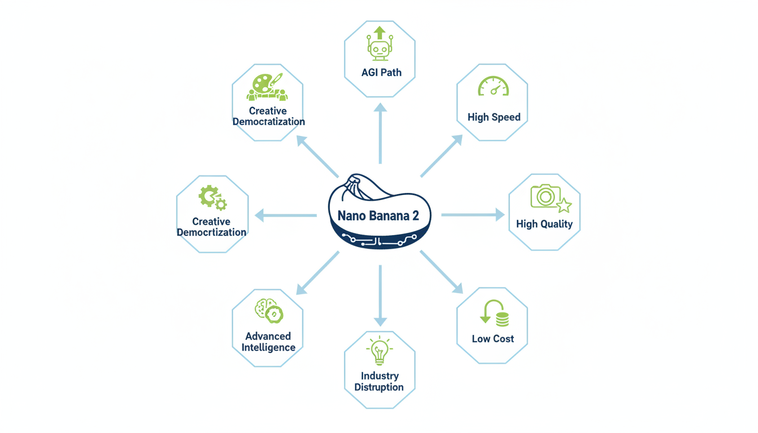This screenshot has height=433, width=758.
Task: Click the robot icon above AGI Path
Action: [380, 45]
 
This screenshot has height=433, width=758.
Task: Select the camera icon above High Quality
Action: [545, 196]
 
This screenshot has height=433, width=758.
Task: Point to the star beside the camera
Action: [563, 205]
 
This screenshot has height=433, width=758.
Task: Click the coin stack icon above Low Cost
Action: [501, 319]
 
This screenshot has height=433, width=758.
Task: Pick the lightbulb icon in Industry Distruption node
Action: [379, 351]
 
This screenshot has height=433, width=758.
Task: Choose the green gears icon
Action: [212, 198]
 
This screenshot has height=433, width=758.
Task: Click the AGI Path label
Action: [381, 73]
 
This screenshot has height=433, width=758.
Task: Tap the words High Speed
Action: [494, 117]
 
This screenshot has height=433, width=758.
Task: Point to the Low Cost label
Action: [493, 339]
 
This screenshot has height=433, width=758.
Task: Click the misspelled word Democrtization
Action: [211, 232]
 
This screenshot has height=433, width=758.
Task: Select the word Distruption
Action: [379, 387]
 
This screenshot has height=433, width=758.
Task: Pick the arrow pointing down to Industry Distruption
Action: [380, 295]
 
